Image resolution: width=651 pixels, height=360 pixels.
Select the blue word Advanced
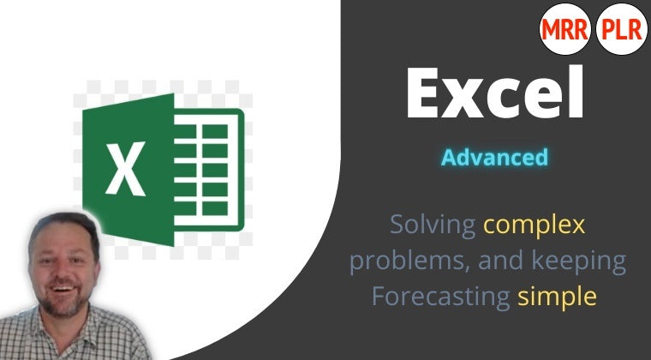tap(494, 158)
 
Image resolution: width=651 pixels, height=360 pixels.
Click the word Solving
tap(433, 225)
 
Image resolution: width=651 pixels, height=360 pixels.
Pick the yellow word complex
tap(535, 226)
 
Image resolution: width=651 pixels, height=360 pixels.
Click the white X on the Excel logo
tap(126, 168)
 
